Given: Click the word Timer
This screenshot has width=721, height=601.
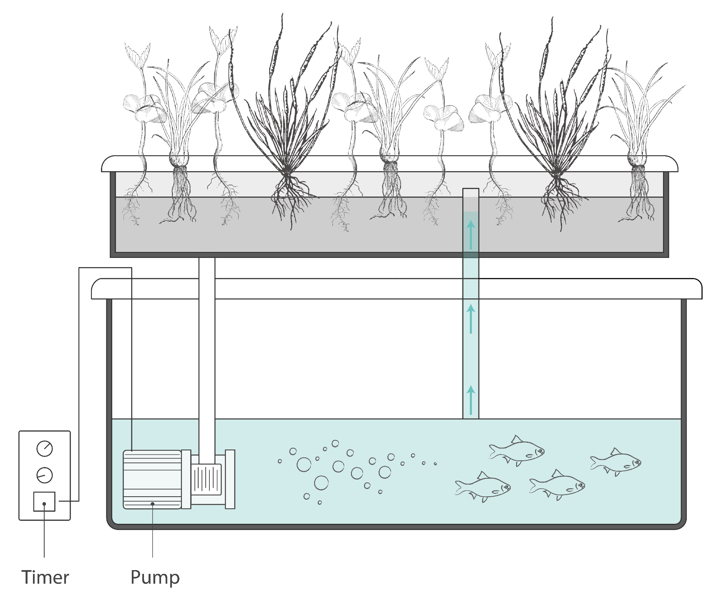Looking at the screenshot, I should click(45, 578).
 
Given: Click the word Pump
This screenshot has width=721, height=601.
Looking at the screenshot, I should click(155, 578).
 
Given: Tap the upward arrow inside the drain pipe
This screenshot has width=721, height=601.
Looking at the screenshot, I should click(471, 234).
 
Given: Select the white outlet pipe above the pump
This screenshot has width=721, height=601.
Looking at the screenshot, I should click(207, 355).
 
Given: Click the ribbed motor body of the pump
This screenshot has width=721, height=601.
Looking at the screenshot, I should click(152, 480).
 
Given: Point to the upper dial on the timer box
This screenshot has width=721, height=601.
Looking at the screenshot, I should click(45, 449).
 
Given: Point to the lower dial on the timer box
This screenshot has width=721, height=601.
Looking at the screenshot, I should click(45, 475).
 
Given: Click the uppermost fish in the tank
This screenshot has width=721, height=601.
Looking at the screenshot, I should click(517, 451).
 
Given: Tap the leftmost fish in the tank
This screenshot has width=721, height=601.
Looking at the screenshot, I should click(483, 487).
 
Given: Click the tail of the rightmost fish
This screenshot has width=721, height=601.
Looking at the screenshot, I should click(594, 462).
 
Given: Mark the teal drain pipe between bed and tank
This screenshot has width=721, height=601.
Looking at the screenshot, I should click(471, 355).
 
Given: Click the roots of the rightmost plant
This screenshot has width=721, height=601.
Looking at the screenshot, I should click(637, 196).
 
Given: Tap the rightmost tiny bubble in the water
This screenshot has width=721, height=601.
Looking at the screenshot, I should click(435, 464).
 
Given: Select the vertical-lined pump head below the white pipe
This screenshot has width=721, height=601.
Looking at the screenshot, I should click(206, 479).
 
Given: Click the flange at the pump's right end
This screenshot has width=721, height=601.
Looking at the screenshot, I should click(230, 479).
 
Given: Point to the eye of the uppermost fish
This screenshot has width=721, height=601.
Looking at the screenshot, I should click(539, 451).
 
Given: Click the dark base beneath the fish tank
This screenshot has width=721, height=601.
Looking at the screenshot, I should click(396, 543).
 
